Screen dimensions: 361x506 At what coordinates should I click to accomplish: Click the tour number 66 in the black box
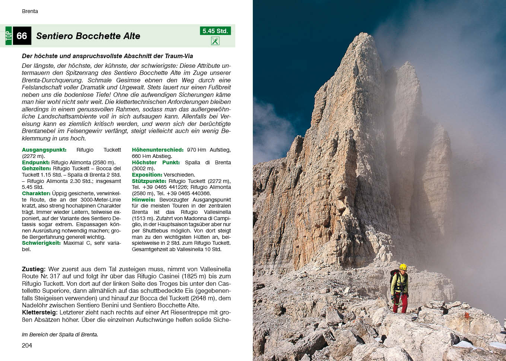(x=22, y=36)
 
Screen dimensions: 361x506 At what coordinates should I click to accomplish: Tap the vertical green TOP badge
(x=9, y=36)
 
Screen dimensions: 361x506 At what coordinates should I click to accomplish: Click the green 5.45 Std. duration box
(x=215, y=31)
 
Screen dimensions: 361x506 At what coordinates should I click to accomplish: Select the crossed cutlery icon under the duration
(x=215, y=41)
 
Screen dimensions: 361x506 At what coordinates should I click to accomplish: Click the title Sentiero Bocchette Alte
(x=88, y=36)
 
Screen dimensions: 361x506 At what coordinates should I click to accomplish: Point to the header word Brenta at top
(x=30, y=11)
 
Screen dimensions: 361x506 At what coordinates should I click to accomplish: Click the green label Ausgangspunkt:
(x=44, y=150)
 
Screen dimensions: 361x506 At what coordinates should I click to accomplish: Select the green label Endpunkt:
(x=36, y=162)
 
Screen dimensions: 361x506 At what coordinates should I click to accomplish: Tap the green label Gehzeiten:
(x=36, y=168)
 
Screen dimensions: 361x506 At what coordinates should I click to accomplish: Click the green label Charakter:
(x=36, y=193)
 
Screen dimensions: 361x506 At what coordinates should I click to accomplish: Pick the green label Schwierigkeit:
(x=41, y=243)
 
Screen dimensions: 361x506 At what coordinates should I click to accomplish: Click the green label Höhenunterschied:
(x=157, y=150)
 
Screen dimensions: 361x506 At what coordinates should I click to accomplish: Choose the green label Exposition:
(x=147, y=175)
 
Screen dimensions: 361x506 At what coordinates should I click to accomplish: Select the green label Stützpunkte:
(x=149, y=181)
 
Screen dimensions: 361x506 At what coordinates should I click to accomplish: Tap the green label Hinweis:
(x=143, y=200)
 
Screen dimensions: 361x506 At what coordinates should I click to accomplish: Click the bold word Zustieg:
(x=34, y=269)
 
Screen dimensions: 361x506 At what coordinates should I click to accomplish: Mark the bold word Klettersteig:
(x=39, y=313)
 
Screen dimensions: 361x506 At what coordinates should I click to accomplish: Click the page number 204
(x=27, y=345)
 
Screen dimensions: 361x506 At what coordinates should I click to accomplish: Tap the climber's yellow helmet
(x=403, y=267)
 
